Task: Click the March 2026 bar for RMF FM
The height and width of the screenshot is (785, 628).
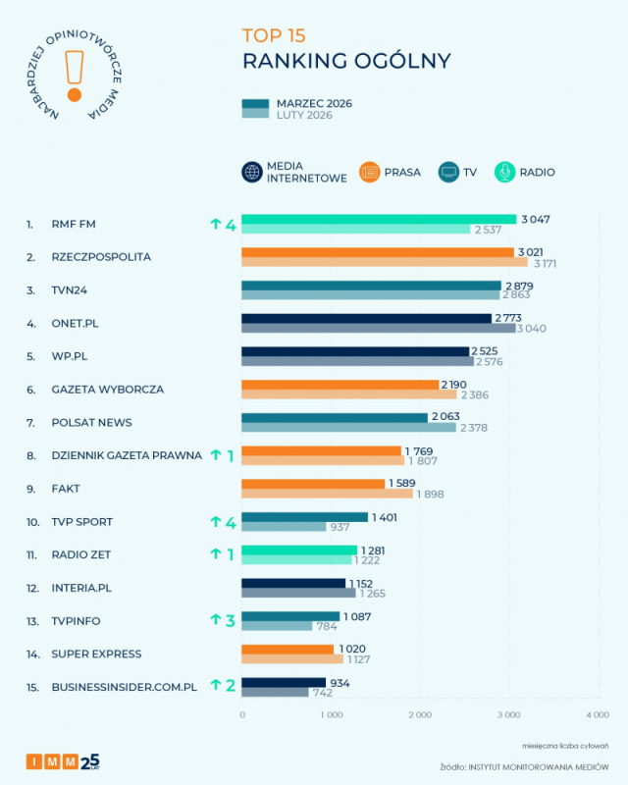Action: click(379, 219)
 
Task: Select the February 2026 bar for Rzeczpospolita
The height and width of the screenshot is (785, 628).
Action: click(385, 262)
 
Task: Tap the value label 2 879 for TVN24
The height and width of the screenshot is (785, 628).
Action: click(519, 286)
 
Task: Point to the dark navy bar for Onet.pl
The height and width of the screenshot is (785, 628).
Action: click(367, 318)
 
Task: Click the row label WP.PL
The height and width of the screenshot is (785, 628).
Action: click(70, 356)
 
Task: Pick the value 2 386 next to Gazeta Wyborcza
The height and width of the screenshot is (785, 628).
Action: click(475, 395)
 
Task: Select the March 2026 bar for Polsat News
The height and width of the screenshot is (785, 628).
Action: click(335, 418)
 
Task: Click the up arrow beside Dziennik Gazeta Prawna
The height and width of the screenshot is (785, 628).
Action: click(216, 454)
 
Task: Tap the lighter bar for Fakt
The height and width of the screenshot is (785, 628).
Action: click(327, 494)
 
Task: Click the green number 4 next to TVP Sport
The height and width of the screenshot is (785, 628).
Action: click(231, 523)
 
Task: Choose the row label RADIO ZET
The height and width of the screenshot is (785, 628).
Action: click(81, 554)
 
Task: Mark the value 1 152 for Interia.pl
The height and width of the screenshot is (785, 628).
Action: click(361, 584)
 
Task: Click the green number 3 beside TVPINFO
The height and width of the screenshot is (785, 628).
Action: click(230, 621)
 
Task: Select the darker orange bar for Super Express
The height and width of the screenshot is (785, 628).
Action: click(288, 650)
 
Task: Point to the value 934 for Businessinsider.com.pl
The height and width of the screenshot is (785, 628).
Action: click(340, 683)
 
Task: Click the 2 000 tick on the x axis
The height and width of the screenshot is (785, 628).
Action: click(420, 715)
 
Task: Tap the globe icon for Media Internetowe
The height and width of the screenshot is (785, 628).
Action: click(252, 173)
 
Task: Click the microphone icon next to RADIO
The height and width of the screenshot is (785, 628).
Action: click(504, 173)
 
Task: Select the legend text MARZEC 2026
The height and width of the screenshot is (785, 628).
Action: click(314, 104)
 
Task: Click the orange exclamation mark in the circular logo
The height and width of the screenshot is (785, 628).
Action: click(75, 76)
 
